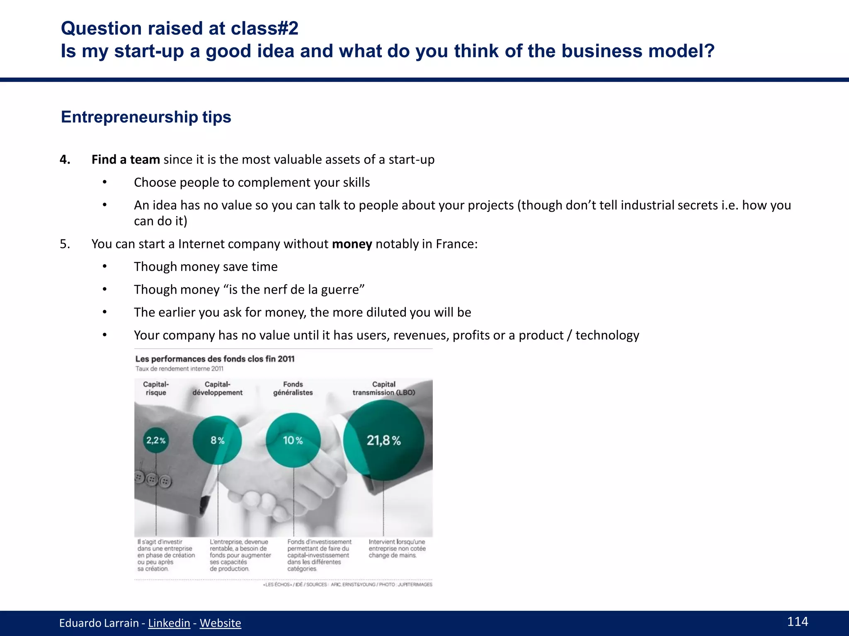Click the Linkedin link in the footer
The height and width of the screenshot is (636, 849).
169,623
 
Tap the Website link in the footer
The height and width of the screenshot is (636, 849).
220,623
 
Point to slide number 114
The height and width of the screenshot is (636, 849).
797,622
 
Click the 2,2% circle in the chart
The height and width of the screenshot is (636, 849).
156,441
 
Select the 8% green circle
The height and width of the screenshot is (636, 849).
217,440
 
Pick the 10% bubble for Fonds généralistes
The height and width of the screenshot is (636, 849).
293,440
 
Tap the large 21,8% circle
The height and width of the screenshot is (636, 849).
383,440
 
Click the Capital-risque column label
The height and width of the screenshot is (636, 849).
156,388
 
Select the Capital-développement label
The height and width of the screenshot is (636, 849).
217,388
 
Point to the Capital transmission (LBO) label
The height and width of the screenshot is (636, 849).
383,388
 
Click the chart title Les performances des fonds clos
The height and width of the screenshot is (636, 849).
215,359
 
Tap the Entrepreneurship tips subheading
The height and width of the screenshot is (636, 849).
146,117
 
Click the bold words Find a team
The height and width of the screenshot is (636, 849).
126,159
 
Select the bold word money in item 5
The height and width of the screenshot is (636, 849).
352,244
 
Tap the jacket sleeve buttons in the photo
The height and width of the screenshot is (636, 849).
153,480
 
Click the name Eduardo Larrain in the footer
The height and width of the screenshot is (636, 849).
99,623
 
